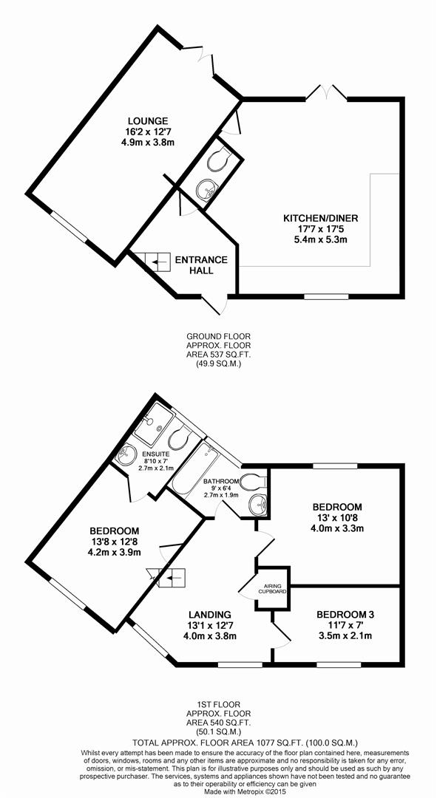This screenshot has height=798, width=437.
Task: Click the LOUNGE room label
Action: [148, 121]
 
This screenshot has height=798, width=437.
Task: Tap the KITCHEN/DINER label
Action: [321, 218]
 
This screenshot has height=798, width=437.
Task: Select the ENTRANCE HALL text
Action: [201, 265]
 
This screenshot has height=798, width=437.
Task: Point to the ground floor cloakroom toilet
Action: [220, 159]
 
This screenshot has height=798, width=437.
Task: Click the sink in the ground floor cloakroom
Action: [206, 188]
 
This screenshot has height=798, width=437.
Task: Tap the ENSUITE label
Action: [153, 454]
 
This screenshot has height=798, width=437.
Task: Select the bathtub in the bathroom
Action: [195, 468]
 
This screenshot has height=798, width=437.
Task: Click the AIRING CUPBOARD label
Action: [273, 590]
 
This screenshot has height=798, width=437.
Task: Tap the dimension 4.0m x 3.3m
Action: [337, 528]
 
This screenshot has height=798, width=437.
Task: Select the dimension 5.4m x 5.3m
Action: [321, 239]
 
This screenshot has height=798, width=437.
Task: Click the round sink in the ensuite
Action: [126, 454]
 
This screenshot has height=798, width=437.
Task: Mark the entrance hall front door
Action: [214, 304]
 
